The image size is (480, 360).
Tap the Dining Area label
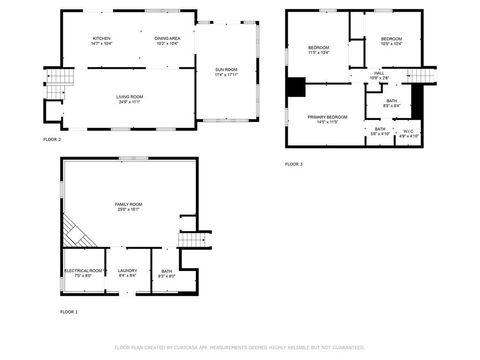168,40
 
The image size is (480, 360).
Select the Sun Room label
227,70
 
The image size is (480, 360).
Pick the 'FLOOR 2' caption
52,139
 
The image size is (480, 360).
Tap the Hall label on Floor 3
380,75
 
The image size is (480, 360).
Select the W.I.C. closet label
408,132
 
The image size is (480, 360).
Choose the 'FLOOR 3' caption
294,163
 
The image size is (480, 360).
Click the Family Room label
128,206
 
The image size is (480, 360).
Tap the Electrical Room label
84,272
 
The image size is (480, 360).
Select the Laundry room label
127,272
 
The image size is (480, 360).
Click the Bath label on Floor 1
166,272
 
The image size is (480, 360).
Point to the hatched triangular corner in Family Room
73,234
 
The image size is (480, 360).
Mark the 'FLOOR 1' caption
69,313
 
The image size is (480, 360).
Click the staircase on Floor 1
195,238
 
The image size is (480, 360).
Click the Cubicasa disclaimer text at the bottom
240,347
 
